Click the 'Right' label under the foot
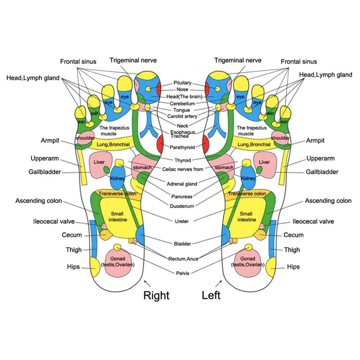(156, 296)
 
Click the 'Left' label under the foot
(211, 296)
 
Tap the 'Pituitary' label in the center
(183, 83)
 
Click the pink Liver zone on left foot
(265, 165)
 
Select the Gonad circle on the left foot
(247, 262)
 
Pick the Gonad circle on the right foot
(117, 262)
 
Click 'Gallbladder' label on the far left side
(45, 172)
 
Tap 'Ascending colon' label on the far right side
(328, 201)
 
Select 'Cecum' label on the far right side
(293, 235)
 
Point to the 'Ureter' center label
(181, 221)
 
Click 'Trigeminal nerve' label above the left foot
(238, 60)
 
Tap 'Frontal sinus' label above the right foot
(78, 62)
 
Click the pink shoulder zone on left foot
(280, 139)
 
